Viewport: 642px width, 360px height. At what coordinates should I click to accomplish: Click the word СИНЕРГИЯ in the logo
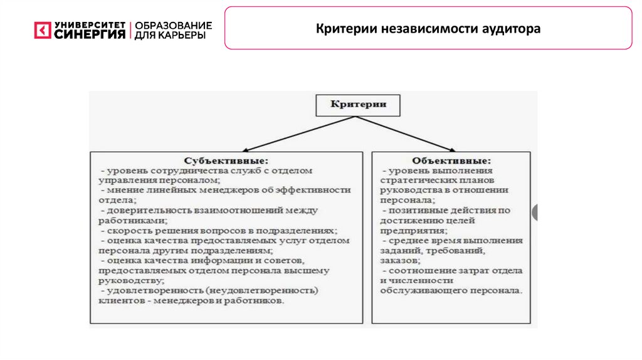click(x=90, y=34)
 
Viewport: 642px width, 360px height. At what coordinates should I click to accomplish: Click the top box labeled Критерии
click(x=357, y=105)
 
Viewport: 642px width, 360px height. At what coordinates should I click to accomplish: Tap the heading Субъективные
click(x=226, y=160)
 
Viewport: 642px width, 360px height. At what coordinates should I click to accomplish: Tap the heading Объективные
click(x=451, y=160)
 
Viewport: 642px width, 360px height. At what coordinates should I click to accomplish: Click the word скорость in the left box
click(x=126, y=230)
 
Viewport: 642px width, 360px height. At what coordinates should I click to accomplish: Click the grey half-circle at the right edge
click(x=535, y=213)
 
